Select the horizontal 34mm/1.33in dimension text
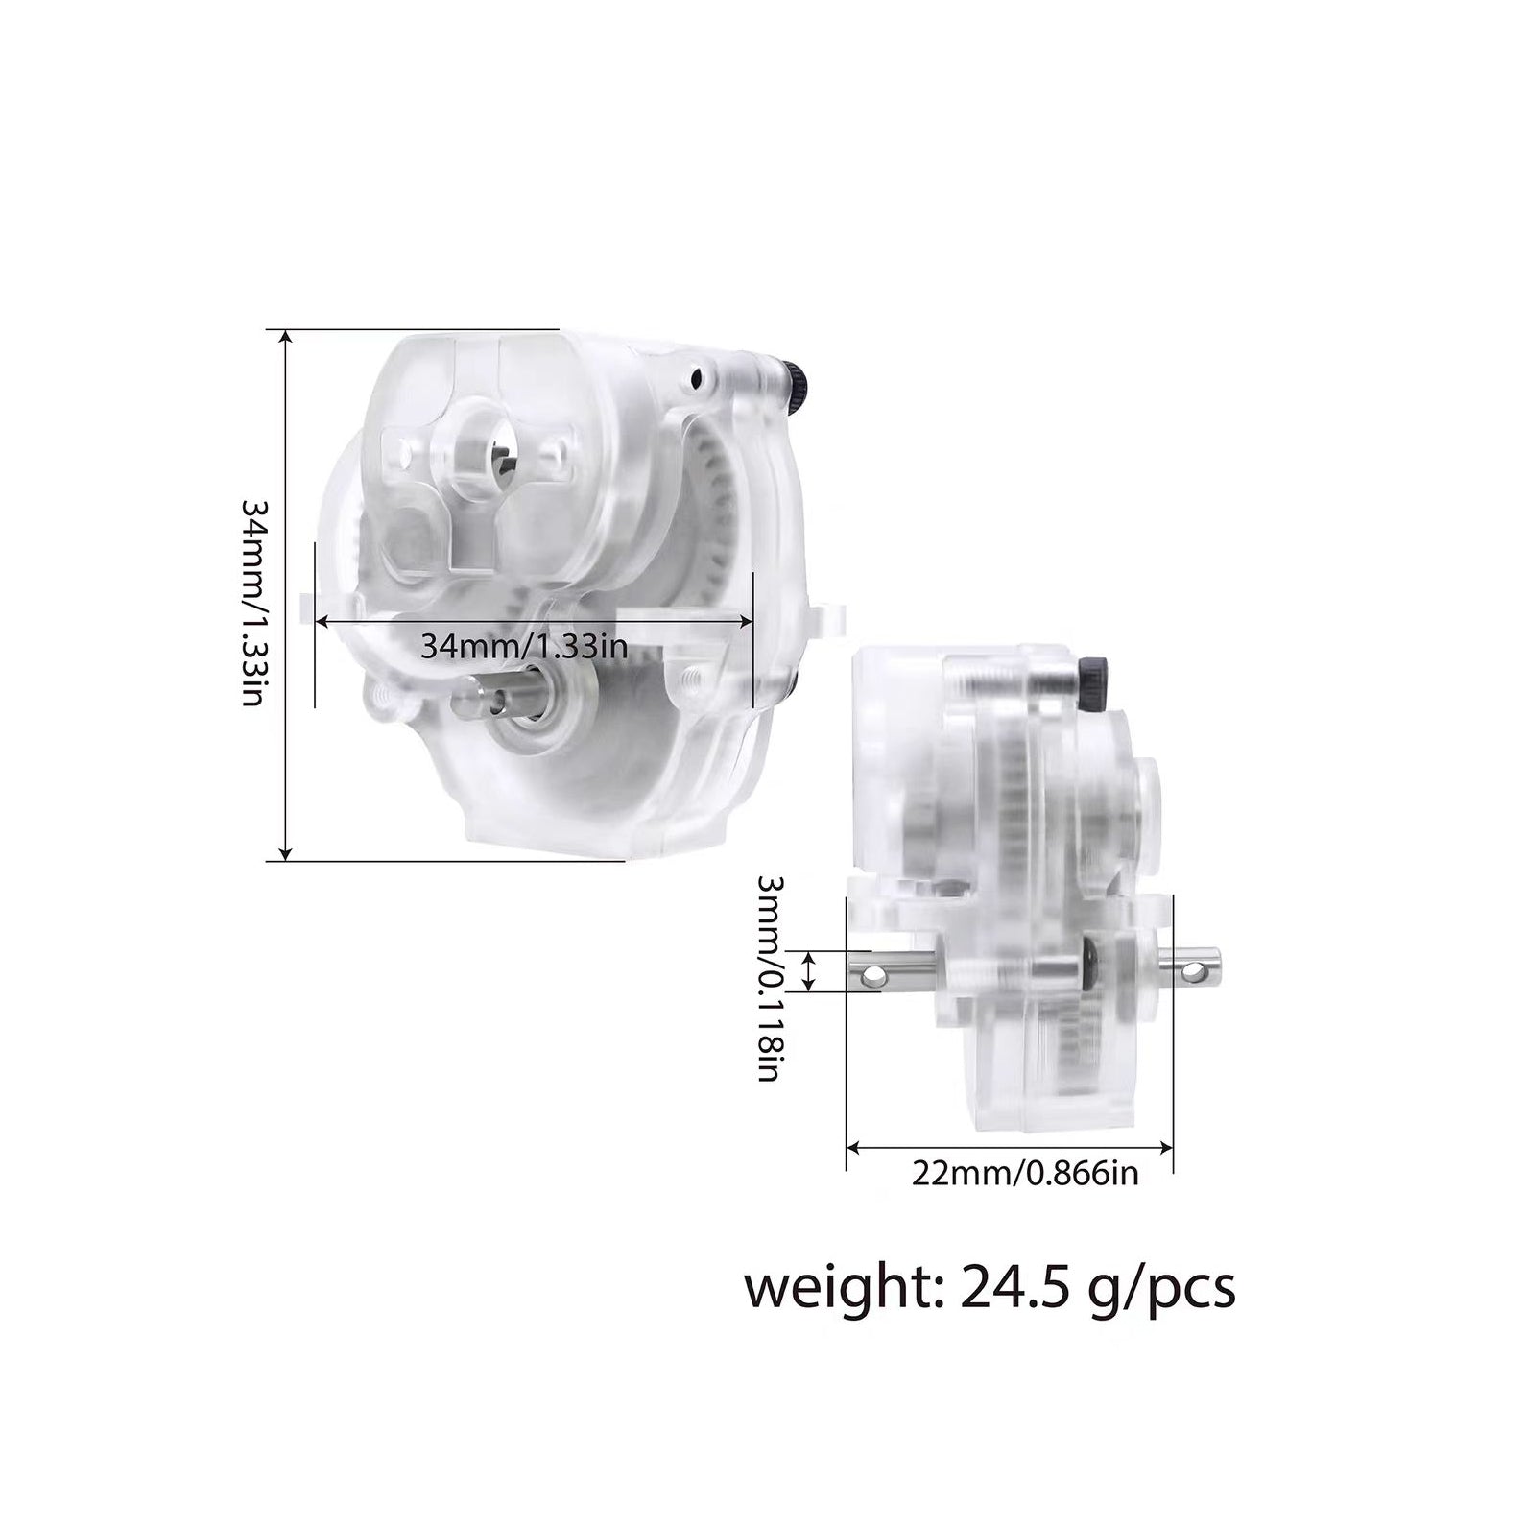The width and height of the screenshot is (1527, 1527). click(524, 646)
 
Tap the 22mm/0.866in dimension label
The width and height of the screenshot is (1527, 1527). click(1025, 1173)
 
